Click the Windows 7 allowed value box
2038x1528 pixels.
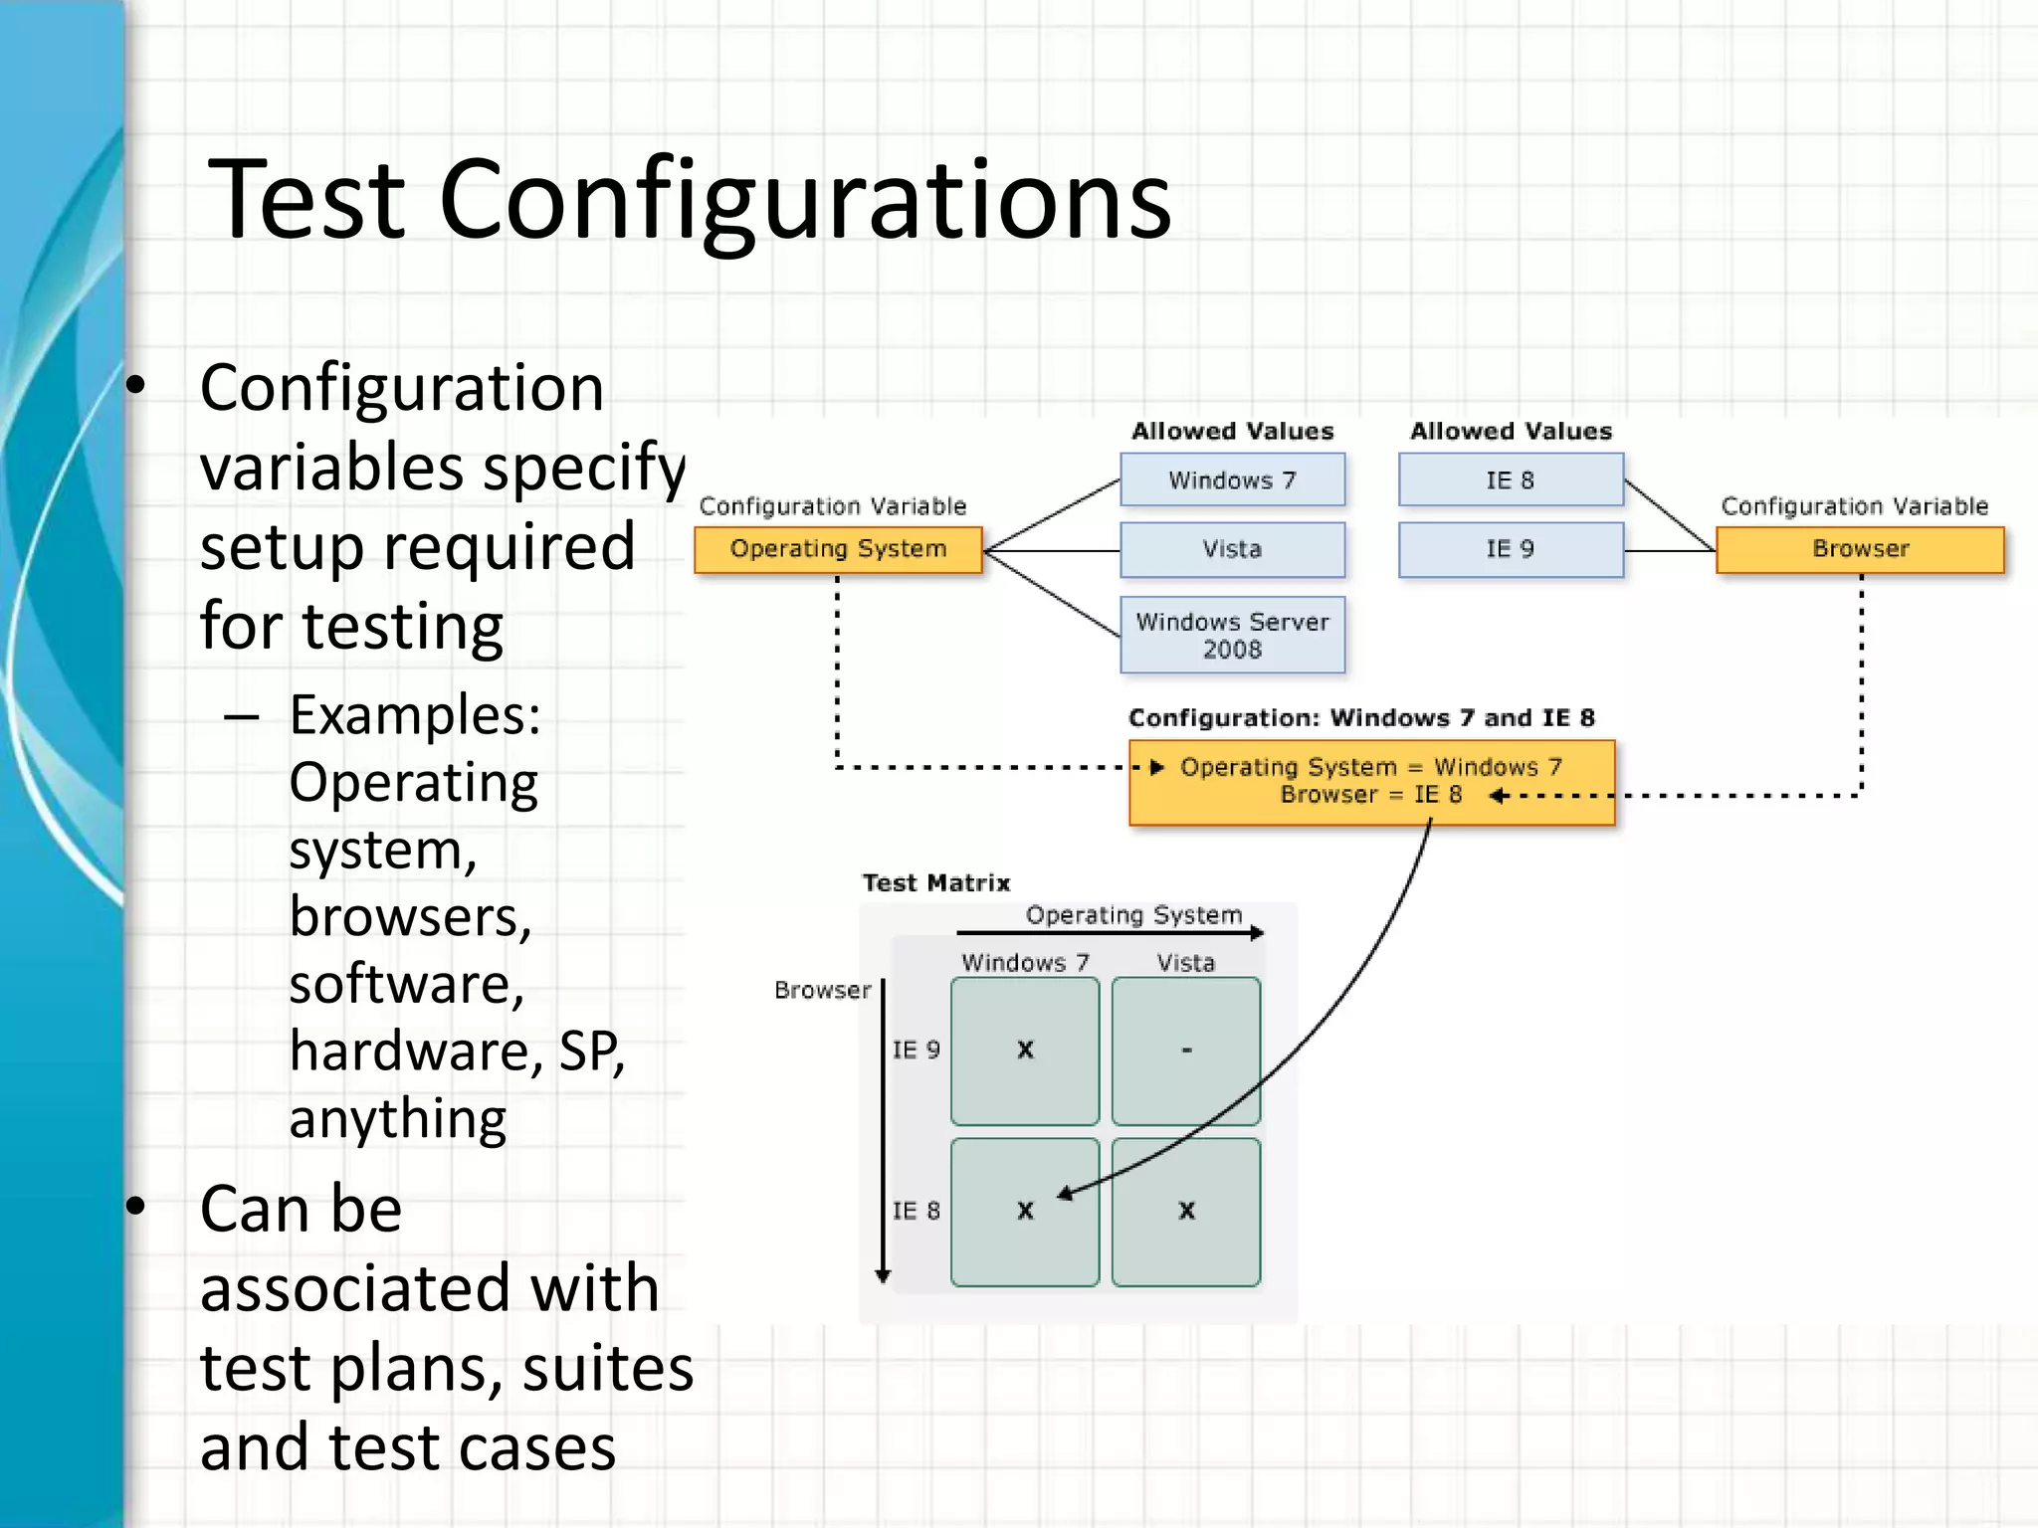[1232, 480]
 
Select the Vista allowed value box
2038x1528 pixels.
[1232, 549]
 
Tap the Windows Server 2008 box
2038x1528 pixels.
[1232, 635]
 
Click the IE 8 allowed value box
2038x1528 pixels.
[1511, 480]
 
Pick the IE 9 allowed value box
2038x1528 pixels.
[1511, 549]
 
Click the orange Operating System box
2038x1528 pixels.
[838, 549]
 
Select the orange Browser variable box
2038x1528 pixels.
[1860, 549]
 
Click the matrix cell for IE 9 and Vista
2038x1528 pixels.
[1186, 1050]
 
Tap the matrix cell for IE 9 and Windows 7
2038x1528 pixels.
[1025, 1050]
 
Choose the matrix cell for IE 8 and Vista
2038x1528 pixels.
[1186, 1212]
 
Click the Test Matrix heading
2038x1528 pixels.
[935, 883]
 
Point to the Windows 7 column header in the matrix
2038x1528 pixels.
[1025, 963]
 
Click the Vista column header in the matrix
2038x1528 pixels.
[1186, 963]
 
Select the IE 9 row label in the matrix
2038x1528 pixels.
[916, 1050]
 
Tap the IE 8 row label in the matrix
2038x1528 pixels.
[916, 1212]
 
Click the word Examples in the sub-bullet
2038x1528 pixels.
[415, 714]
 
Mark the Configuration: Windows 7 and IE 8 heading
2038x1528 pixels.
[1361, 718]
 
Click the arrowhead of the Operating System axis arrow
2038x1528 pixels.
[1259, 933]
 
